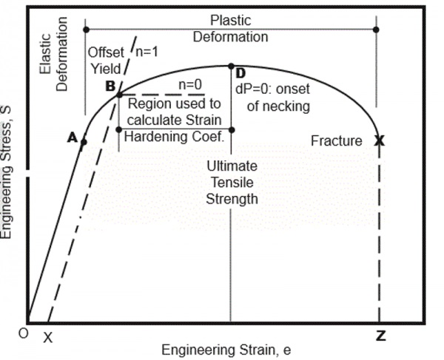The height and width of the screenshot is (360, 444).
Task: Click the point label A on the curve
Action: (x=73, y=137)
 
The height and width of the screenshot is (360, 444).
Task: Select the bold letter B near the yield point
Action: (x=110, y=86)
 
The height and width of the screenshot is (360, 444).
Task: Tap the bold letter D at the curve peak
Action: (x=240, y=73)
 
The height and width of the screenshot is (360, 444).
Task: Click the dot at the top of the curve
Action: (x=231, y=67)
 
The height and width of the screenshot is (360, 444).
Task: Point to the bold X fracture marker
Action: (x=380, y=140)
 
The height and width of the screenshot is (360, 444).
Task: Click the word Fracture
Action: (x=337, y=140)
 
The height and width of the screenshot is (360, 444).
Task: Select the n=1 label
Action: (x=147, y=52)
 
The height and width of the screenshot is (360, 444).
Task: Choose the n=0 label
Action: (x=190, y=84)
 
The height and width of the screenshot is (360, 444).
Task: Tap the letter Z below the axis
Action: (x=381, y=336)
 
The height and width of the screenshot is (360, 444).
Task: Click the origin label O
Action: (x=24, y=333)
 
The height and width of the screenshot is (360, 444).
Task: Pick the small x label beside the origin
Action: (x=48, y=337)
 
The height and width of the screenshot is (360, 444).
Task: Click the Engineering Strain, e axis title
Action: (x=226, y=350)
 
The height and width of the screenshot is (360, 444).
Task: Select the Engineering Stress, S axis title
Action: (x=6, y=172)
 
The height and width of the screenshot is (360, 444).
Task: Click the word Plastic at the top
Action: (x=230, y=21)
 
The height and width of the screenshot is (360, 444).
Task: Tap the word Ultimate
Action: (x=232, y=166)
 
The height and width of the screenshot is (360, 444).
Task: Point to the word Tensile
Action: (x=232, y=183)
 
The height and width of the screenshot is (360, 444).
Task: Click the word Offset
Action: (x=106, y=52)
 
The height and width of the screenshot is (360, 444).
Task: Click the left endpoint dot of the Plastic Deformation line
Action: (x=87, y=30)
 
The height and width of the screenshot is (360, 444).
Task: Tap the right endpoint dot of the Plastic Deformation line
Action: (x=376, y=30)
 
